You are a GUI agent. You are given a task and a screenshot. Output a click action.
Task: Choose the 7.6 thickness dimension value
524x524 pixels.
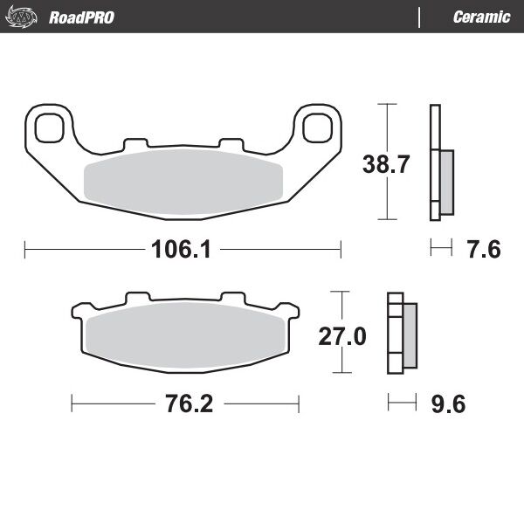(482, 250)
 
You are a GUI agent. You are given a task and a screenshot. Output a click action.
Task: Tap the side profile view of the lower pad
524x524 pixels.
(401, 336)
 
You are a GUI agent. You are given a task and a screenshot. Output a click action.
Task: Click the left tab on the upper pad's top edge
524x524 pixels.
(135, 142)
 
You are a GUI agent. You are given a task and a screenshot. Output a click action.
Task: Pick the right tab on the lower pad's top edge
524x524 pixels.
(232, 298)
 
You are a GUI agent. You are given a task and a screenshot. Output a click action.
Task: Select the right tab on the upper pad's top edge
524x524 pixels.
(230, 142)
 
